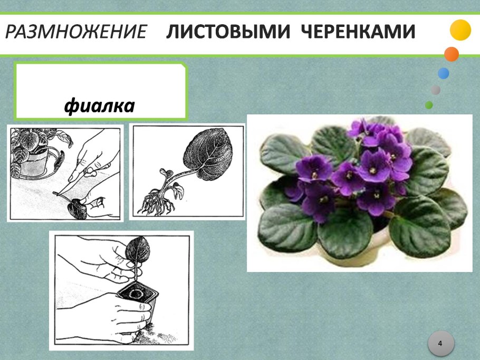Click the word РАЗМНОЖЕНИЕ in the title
tap(76, 32)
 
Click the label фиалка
tap(100, 106)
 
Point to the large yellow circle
tap(460, 30)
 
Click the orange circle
tap(452, 54)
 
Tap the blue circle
tap(444, 73)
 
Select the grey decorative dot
tap(436, 90)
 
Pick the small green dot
tap(429, 105)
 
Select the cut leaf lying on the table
tap(77, 209)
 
